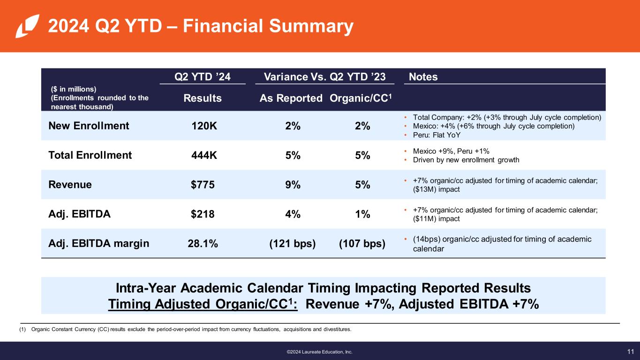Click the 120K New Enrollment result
[x=204, y=126]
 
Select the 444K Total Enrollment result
[x=204, y=155]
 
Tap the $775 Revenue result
[x=203, y=185]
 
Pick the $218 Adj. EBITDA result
[x=203, y=214]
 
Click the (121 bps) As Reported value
[x=293, y=243]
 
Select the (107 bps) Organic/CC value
[x=361, y=243]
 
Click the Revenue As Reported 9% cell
[x=293, y=185]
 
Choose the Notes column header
[x=423, y=77]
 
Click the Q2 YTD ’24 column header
[x=203, y=77]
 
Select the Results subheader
[x=203, y=98]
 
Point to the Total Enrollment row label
[x=90, y=155]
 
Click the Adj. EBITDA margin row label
[x=99, y=243]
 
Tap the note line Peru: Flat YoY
[x=436, y=135]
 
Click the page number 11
[x=630, y=351]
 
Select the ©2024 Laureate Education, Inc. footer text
[x=320, y=352]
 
